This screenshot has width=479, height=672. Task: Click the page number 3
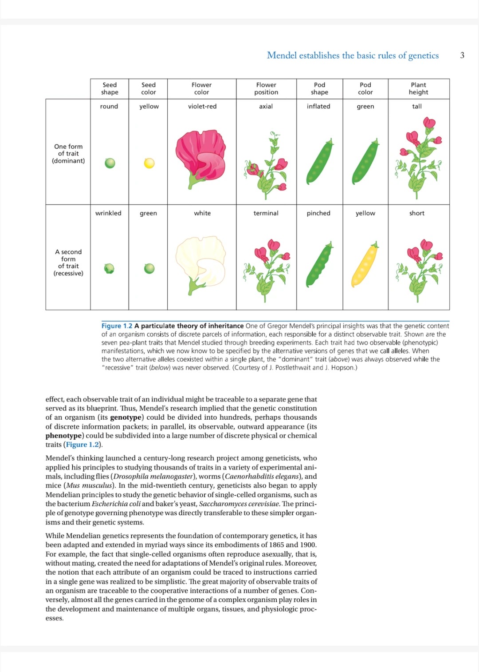tap(462, 56)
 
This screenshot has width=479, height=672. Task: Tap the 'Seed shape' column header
tap(110, 88)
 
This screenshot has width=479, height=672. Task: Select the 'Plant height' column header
tap(418, 88)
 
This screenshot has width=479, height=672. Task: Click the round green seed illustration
tap(110, 163)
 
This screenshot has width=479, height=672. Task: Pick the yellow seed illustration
tap(149, 163)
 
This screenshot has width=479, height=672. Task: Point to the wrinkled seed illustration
tap(109, 269)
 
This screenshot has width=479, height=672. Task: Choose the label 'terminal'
tap(266, 213)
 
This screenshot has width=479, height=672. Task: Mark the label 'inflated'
tap(318, 107)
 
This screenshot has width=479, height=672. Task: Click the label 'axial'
tap(266, 107)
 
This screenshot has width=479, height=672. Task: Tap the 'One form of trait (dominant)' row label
tap(68, 154)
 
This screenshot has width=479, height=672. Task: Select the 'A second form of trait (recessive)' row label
tap(68, 262)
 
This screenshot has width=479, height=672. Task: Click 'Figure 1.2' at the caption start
tap(117, 326)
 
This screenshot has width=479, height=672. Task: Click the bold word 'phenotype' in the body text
tap(63, 436)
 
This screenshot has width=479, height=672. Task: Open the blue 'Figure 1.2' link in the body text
tap(82, 445)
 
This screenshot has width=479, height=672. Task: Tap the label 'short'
tap(416, 213)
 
